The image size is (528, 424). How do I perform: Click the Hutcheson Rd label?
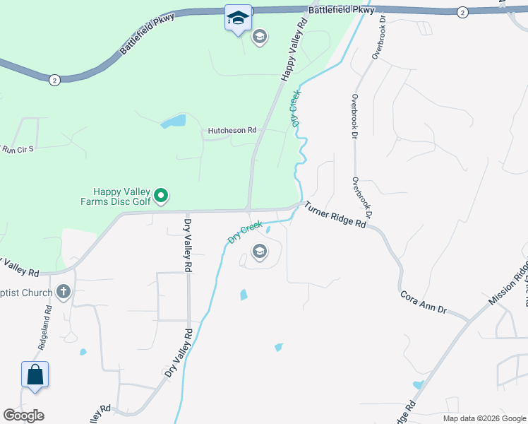click(232, 131)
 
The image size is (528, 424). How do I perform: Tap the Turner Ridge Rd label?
click(335, 214)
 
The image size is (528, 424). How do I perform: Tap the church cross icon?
click(64, 292)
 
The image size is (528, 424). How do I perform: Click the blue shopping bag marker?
click(35, 375)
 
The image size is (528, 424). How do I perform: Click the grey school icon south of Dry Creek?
click(259, 252)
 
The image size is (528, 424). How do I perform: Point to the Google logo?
click(24, 416)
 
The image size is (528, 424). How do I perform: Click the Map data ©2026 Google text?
click(484, 418)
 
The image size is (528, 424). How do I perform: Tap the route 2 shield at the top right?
click(462, 12)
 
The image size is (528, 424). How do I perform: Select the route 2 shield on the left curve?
click(54, 81)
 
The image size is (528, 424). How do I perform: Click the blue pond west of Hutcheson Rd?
click(173, 122)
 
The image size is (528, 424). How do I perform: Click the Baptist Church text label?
click(27, 293)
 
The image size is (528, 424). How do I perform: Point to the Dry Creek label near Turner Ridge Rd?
click(245, 232)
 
